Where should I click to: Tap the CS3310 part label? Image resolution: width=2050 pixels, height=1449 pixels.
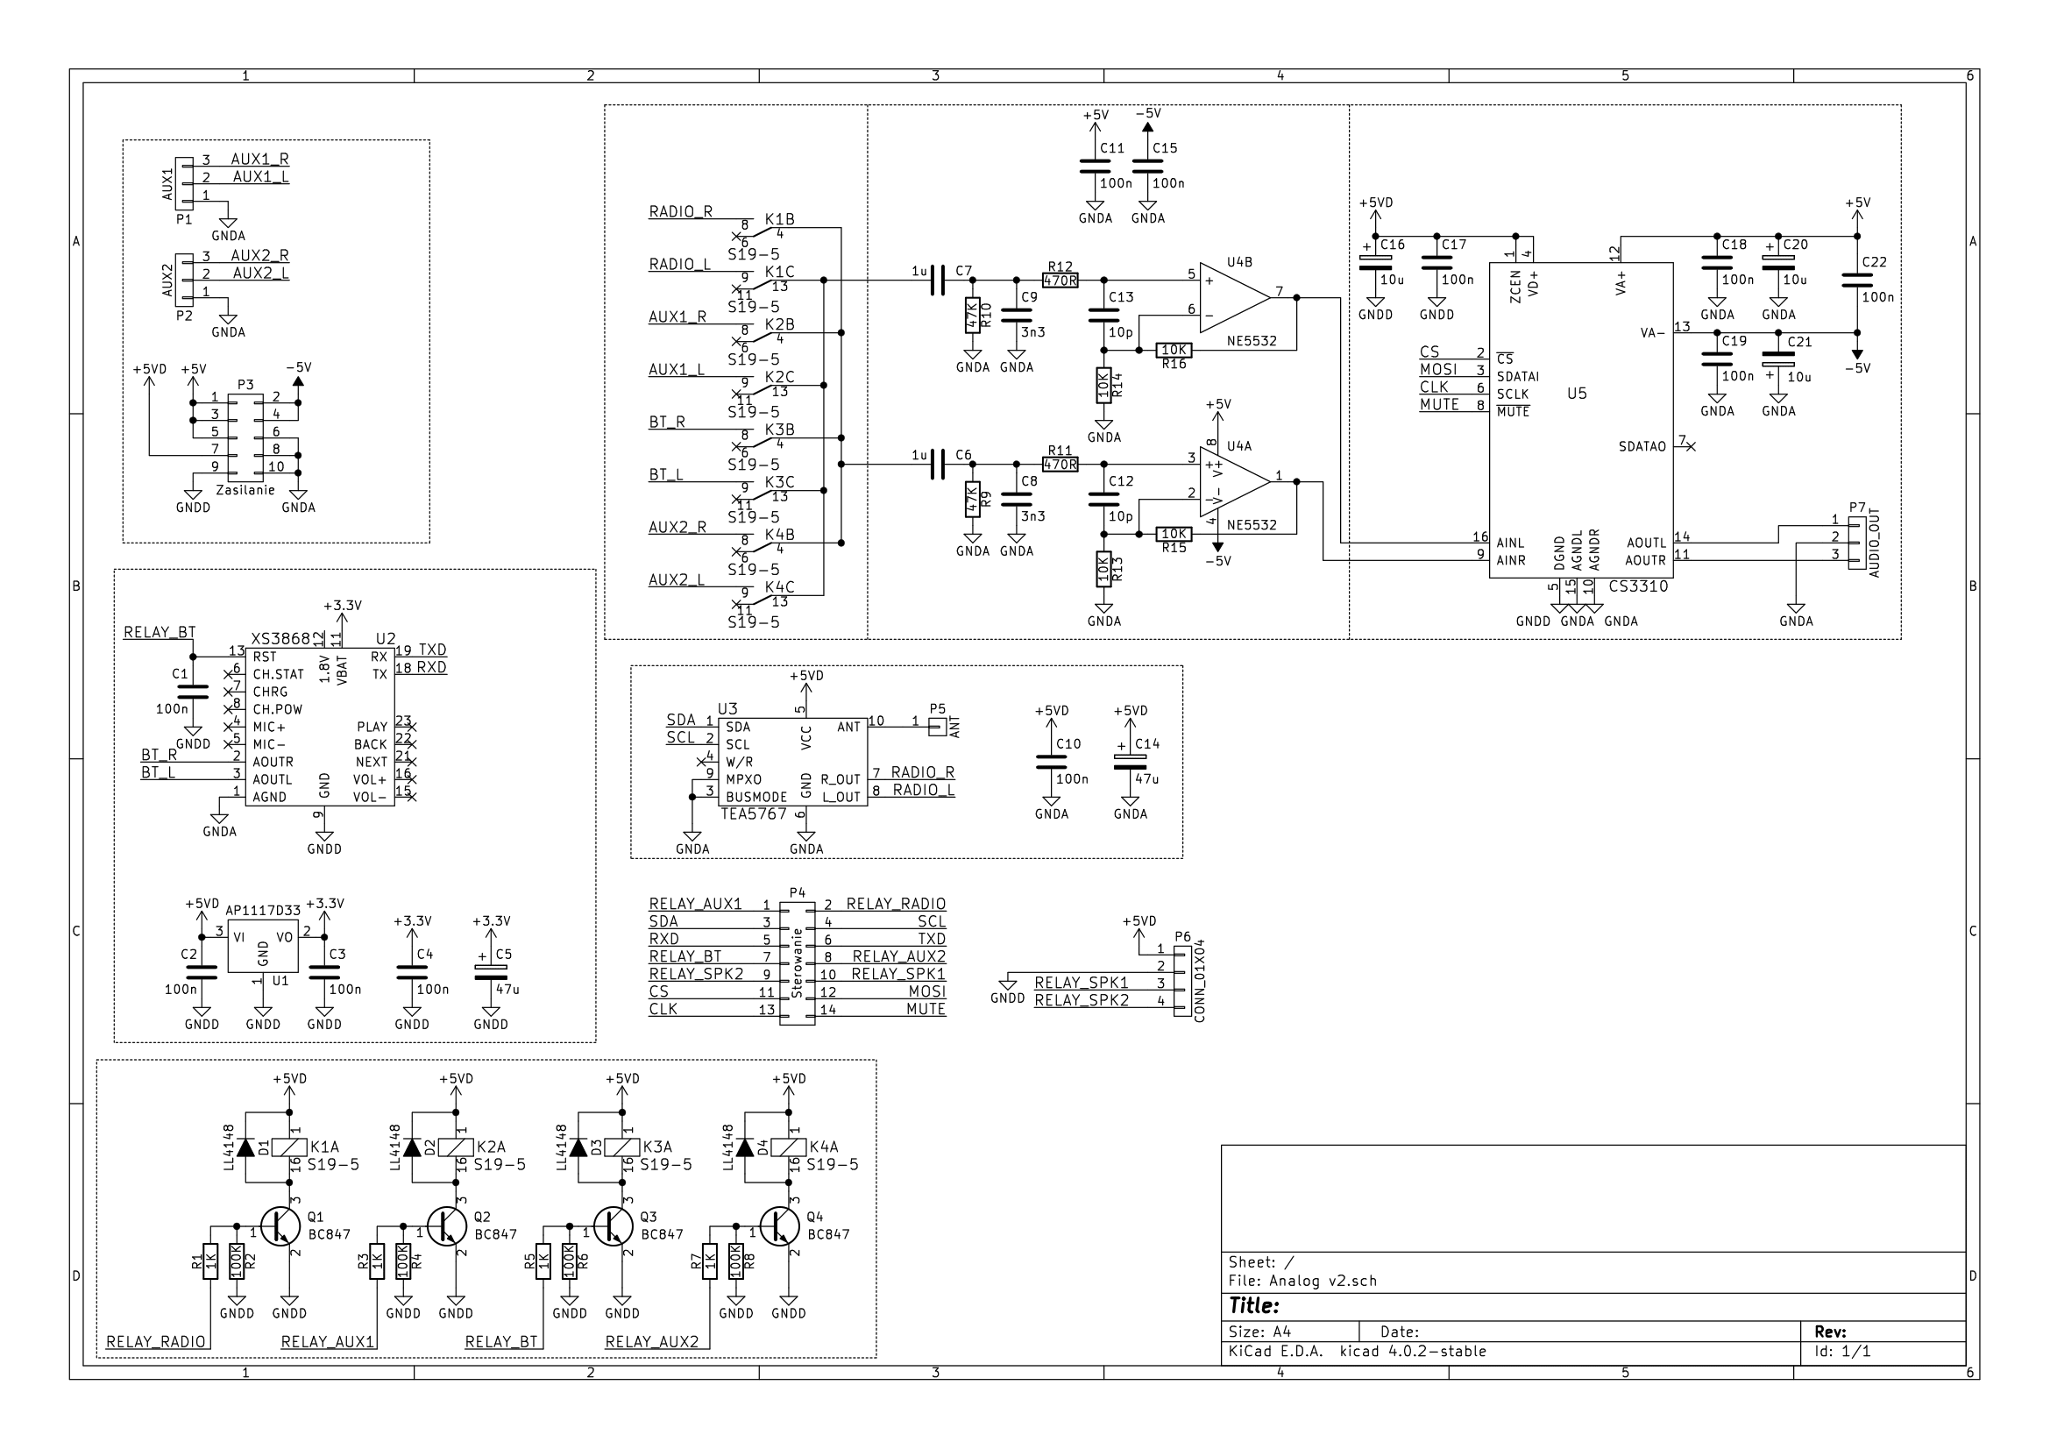[1637, 586]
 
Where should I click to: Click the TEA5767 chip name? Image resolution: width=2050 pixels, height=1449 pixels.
[755, 814]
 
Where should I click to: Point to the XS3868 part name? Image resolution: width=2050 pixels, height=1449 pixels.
[280, 639]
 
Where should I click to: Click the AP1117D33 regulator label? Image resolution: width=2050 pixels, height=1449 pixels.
[263, 911]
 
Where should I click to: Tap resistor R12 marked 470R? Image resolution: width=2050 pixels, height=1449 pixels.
[1060, 281]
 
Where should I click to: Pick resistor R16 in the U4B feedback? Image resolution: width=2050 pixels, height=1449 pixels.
[1174, 350]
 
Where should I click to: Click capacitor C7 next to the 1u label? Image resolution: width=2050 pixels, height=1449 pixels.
[937, 281]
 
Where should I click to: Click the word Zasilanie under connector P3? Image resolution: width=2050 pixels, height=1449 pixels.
[245, 490]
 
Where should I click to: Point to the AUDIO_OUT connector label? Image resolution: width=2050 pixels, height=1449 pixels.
[1874, 543]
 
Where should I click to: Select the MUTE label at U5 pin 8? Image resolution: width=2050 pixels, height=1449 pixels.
[1439, 404]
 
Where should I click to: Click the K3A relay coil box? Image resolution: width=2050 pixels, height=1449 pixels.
[622, 1147]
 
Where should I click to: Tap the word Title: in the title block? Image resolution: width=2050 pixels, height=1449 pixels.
[1254, 1306]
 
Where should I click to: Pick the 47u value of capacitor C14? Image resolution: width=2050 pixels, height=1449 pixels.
[1146, 779]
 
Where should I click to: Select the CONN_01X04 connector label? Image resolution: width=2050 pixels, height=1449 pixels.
[1199, 981]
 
